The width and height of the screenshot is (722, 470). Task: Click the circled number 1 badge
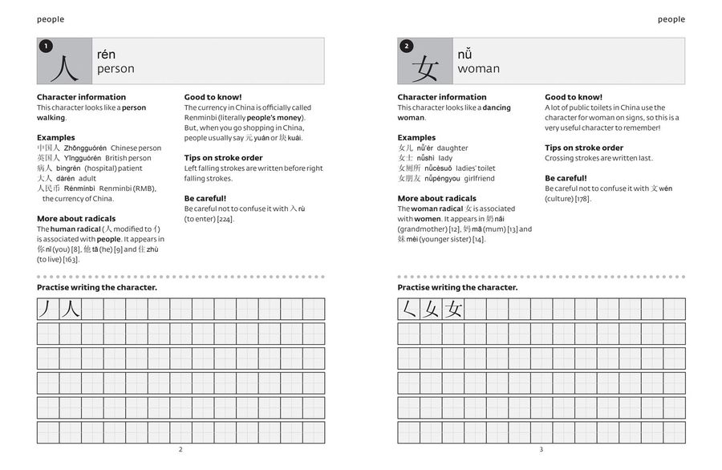point(46,47)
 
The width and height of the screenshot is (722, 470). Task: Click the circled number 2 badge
point(407,47)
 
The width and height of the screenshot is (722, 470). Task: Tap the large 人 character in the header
point(64,67)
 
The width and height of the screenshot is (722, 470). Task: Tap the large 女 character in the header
point(426,69)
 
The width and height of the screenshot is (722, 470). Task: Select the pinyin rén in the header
point(106,55)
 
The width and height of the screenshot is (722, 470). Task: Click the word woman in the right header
point(478,69)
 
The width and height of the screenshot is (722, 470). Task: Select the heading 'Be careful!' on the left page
point(205,198)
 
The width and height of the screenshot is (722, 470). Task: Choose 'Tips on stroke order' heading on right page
point(584,148)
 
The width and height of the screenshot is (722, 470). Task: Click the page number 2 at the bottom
point(180,450)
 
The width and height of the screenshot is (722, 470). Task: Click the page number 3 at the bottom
point(541,450)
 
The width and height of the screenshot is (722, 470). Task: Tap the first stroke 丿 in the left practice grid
point(47,309)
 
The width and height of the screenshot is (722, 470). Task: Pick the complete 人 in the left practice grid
point(70,309)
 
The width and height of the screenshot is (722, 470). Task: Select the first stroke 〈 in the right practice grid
point(409,309)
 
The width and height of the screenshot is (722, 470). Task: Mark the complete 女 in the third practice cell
point(454,309)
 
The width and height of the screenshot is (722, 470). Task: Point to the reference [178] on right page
point(582,199)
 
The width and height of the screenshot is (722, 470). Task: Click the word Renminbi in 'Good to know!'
point(201,118)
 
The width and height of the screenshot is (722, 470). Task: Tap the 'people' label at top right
point(671,19)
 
